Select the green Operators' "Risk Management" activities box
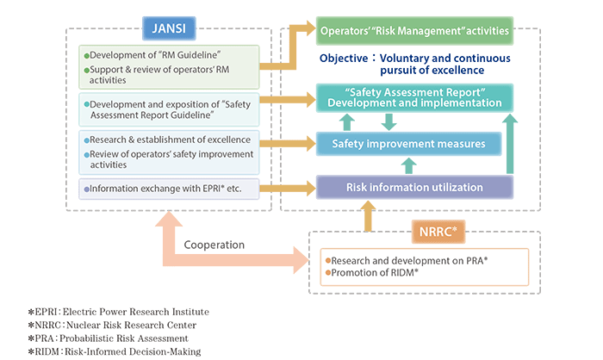[414, 31]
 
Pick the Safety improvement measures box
[414, 143]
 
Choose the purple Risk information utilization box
[414, 187]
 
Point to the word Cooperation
[214, 245]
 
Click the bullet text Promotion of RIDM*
[372, 273]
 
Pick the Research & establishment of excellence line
[167, 140]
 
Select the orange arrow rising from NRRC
[368, 215]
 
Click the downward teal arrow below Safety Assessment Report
[389, 121]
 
